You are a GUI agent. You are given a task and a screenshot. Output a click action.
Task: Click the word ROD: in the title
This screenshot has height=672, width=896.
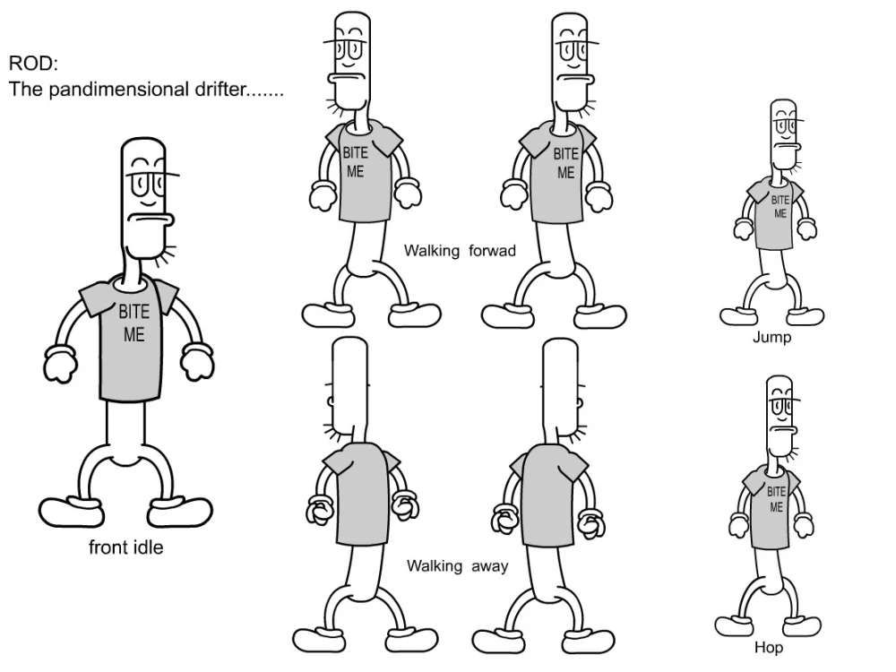pyautogui.click(x=33, y=63)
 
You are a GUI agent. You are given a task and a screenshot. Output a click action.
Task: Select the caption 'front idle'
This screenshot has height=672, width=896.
pyautogui.click(x=125, y=547)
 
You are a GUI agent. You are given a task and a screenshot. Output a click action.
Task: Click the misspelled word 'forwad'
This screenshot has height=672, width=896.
pyautogui.click(x=492, y=250)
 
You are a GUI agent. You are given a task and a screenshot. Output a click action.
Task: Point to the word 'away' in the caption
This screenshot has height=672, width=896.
pyautogui.click(x=490, y=567)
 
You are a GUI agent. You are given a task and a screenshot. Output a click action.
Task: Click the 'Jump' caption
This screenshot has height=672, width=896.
pyautogui.click(x=771, y=337)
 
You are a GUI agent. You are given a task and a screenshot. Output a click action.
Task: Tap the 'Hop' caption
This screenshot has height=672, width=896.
pyautogui.click(x=769, y=648)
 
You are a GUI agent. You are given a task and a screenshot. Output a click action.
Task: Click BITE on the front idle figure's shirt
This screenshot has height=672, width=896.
pyautogui.click(x=134, y=312)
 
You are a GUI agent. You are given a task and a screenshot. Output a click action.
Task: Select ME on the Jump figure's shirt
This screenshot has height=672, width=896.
pyautogui.click(x=780, y=214)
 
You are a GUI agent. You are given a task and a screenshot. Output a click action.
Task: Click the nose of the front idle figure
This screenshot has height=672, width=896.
pyautogui.click(x=150, y=220)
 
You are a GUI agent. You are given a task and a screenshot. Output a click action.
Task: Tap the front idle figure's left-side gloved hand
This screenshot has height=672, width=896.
pyautogui.click(x=59, y=364)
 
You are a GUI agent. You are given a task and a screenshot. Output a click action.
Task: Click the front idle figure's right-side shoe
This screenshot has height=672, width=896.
pyautogui.click(x=179, y=512)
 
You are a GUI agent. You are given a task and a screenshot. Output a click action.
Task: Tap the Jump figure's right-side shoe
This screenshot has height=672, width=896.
pyautogui.click(x=805, y=316)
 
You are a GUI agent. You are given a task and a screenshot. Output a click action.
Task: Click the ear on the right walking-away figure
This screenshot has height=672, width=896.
pyautogui.click(x=580, y=403)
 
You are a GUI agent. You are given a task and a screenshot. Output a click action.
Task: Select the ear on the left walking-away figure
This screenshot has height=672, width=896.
pyautogui.click(x=331, y=401)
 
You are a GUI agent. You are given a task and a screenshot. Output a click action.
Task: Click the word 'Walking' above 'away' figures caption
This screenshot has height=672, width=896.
pyautogui.click(x=435, y=567)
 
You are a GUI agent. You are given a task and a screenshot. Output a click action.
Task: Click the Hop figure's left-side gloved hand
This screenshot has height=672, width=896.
pyautogui.click(x=738, y=526)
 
